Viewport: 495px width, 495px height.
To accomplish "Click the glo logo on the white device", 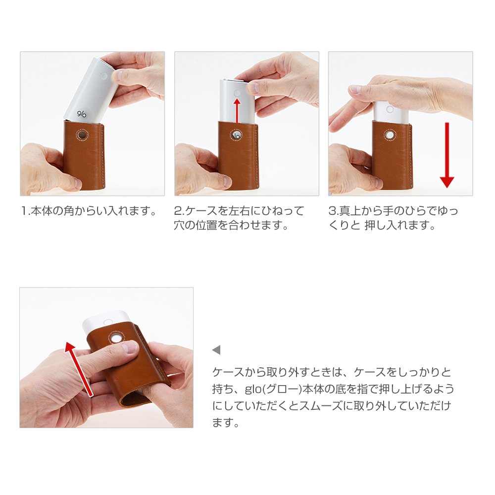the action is (82, 114).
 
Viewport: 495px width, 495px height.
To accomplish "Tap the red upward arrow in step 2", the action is (237, 110).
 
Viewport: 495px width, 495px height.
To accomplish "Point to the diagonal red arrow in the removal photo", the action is (79, 369).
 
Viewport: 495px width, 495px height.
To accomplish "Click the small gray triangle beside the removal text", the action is (216, 350).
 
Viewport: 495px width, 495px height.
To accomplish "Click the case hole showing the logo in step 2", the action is (236, 136).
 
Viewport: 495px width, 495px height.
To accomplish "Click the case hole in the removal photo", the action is (116, 337).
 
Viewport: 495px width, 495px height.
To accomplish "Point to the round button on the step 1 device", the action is (104, 76).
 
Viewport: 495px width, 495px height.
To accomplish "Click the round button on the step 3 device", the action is (390, 109).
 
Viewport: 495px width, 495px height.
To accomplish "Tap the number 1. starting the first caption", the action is (25, 211).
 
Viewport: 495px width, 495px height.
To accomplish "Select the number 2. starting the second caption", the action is (179, 211).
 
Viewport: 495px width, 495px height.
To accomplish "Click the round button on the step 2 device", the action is (237, 93).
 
